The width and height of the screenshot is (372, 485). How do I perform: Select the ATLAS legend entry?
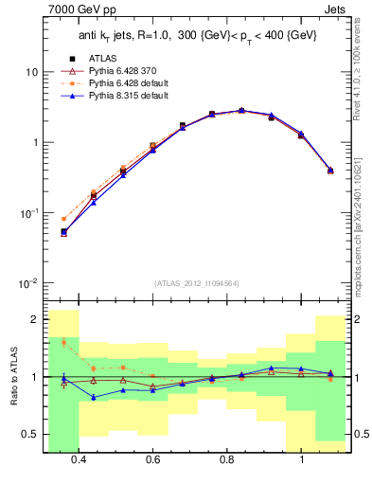[100, 58]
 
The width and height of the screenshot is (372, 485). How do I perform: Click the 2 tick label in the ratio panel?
[35, 319]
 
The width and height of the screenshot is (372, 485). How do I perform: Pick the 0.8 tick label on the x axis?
[227, 459]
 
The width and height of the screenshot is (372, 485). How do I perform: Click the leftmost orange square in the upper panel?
[63, 219]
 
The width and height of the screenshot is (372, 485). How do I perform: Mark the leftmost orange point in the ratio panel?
[63, 342]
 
